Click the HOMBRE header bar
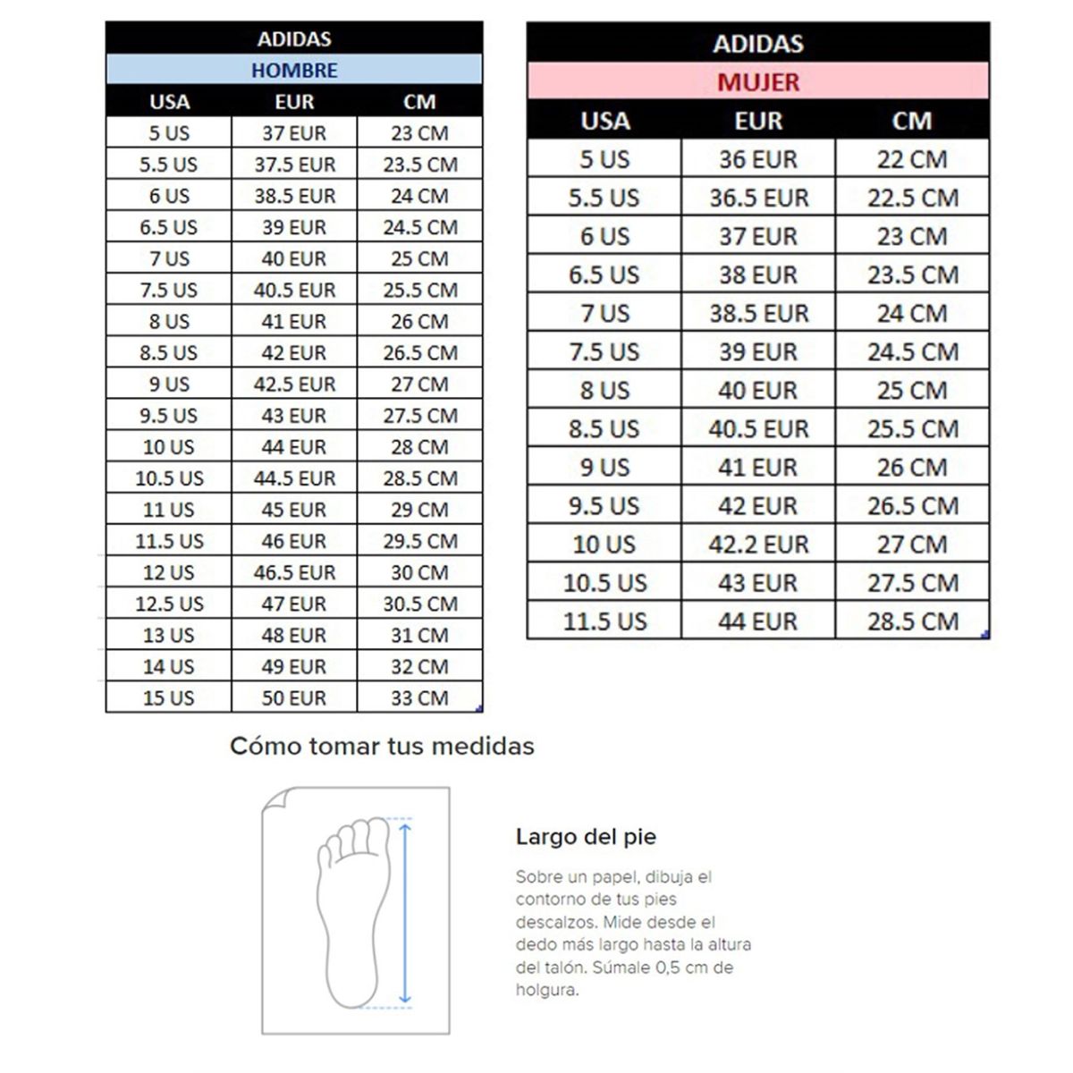pyautogui.click(x=294, y=70)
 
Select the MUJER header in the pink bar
pyautogui.click(x=758, y=82)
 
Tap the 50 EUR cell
pyautogui.click(x=294, y=698)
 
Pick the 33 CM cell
pyautogui.click(x=419, y=698)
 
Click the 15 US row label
pyautogui.click(x=168, y=698)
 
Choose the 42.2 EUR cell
pyautogui.click(x=758, y=545)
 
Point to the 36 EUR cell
pyautogui.click(x=758, y=159)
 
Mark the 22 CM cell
pyautogui.click(x=912, y=159)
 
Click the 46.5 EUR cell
pyautogui.click(x=294, y=572)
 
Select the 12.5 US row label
pyautogui.click(x=169, y=604)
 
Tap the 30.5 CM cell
pyautogui.click(x=419, y=604)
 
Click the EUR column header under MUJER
pyautogui.click(x=758, y=121)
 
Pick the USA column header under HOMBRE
pyautogui.click(x=169, y=102)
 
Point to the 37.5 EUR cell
pyautogui.click(x=294, y=165)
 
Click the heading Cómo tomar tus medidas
pyautogui.click(x=382, y=746)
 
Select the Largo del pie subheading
pyautogui.click(x=586, y=837)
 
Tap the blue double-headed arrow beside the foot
pyautogui.click(x=405, y=912)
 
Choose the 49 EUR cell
pyautogui.click(x=294, y=667)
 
